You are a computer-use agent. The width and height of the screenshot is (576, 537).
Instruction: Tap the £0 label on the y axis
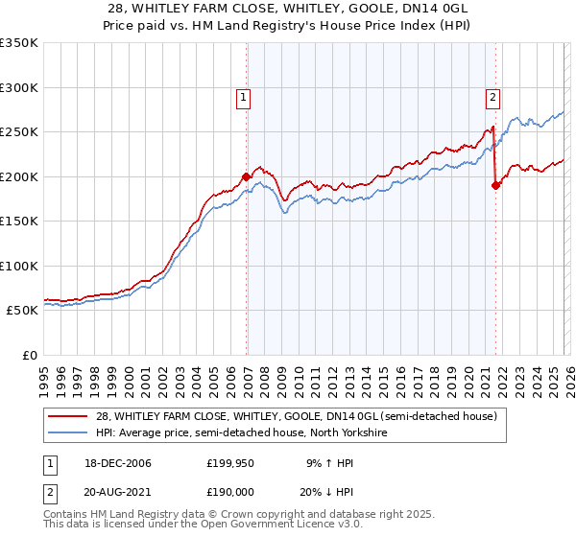28,355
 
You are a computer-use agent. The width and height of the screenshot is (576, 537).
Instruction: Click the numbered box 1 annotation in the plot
244,96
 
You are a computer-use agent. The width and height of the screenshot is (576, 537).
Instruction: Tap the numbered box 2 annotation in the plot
492,96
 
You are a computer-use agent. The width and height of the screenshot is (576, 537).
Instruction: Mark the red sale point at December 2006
247,176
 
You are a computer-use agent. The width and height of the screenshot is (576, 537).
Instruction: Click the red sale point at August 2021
495,185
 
